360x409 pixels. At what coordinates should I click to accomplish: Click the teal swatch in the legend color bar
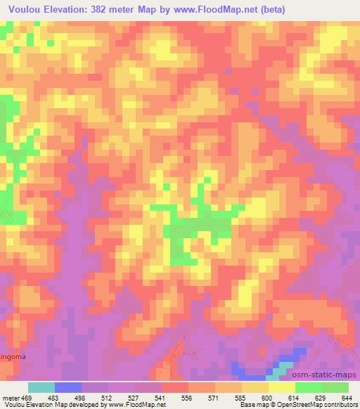(x=41, y=387)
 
